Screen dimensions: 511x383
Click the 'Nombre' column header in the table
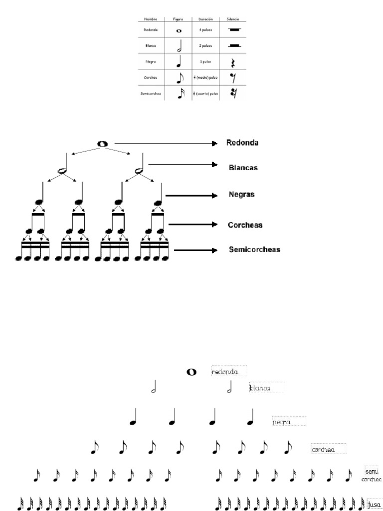pyautogui.click(x=151, y=19)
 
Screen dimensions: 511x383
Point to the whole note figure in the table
pyautogui.click(x=179, y=30)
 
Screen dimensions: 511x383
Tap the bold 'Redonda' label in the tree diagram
pyautogui.click(x=242, y=143)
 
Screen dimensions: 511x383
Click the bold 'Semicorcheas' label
pyautogui.click(x=254, y=249)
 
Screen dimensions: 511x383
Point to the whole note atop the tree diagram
pyautogui.click(x=102, y=144)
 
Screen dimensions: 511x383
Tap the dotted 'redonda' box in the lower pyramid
pyautogui.click(x=228, y=372)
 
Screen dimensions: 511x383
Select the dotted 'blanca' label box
pyautogui.click(x=266, y=387)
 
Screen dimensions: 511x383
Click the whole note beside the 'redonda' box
pyautogui.click(x=191, y=372)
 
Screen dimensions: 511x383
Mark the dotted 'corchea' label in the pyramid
pyautogui.click(x=328, y=450)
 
